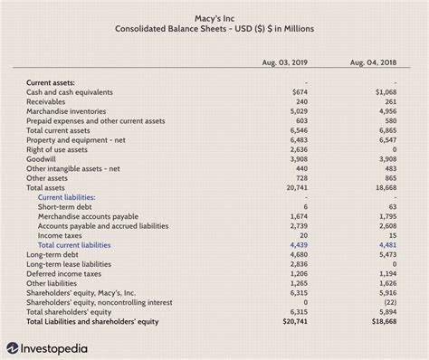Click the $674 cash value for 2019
click(x=300, y=92)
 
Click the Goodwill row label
click(x=43, y=158)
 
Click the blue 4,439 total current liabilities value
click(x=300, y=244)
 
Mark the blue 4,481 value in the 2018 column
click(x=386, y=244)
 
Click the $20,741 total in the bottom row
click(x=296, y=320)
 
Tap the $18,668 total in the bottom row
click(x=383, y=320)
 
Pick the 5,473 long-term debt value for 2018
click(x=386, y=254)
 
